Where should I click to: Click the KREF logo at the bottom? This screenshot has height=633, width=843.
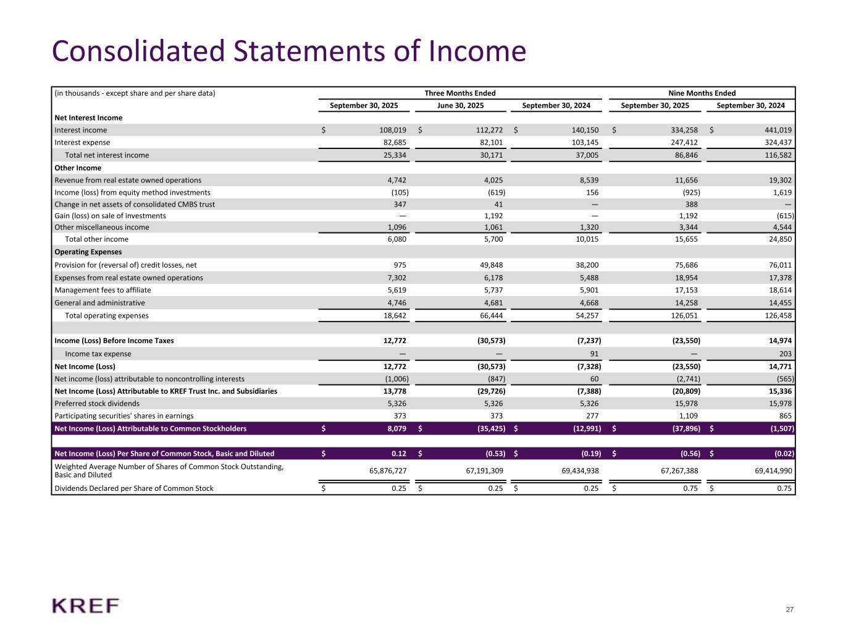[85, 606]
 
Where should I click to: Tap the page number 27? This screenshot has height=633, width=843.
[789, 610]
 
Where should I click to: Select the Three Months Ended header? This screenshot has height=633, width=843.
[460, 93]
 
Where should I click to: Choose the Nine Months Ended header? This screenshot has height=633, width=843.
[702, 93]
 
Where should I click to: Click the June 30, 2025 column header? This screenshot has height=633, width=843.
[460, 106]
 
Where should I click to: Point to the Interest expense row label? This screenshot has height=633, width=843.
[82, 142]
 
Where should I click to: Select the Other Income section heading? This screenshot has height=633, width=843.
[78, 168]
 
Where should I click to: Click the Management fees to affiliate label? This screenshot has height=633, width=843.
[103, 290]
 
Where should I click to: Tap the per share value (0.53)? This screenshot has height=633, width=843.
[492, 454]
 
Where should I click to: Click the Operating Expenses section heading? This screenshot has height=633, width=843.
[88, 252]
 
